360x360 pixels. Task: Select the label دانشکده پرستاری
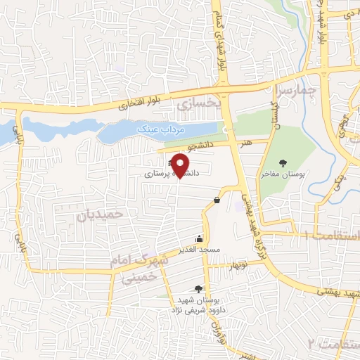tap(172, 172)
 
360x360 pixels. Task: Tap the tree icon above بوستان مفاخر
tap(283, 163)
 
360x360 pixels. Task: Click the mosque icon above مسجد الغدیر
tap(200, 238)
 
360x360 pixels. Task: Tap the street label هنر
tap(246, 142)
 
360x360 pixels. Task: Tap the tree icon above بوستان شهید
tap(199, 288)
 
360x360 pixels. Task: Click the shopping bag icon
tap(216, 200)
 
